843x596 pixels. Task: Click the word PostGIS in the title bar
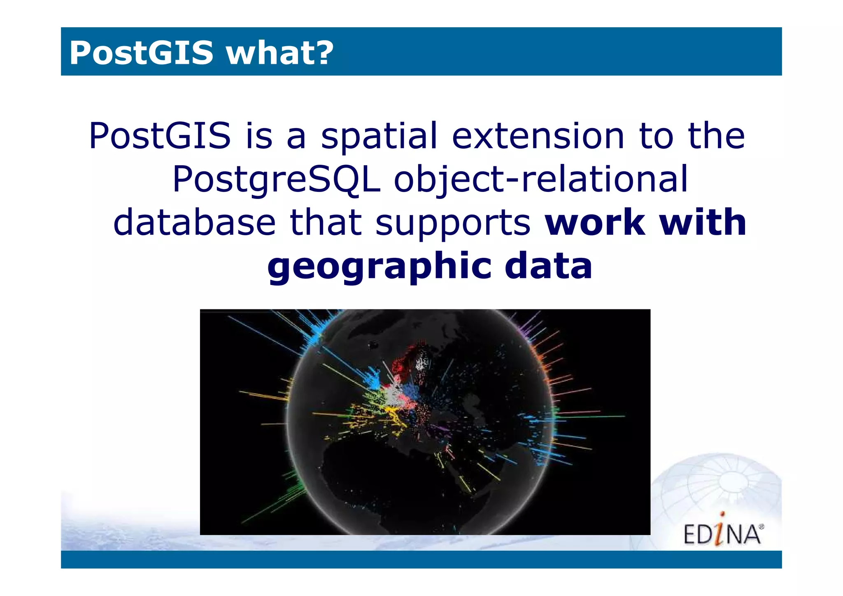point(141,53)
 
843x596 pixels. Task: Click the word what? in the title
point(279,53)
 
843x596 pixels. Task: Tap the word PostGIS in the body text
point(160,136)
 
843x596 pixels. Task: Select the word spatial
point(379,137)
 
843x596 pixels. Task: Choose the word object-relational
point(540,180)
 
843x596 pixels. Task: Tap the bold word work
point(595,222)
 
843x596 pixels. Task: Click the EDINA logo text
point(722,534)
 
